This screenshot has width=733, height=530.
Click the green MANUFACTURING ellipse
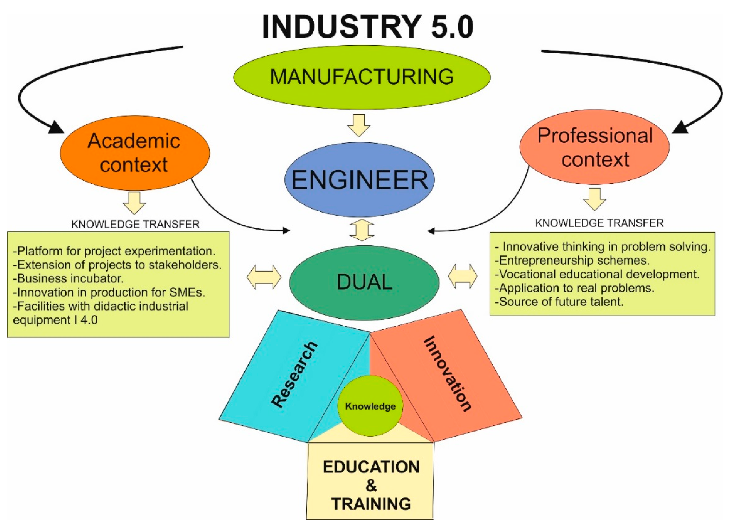point(362,77)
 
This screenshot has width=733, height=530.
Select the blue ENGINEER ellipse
point(359,180)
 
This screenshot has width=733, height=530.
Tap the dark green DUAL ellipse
point(364,283)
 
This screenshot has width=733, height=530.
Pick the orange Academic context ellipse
point(135,153)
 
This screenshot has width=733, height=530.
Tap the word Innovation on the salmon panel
point(447,373)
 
